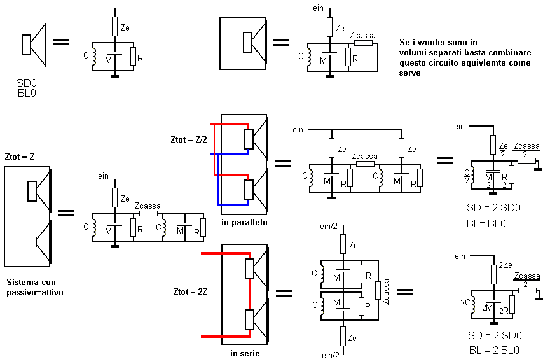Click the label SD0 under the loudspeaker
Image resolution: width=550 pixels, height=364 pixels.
pos(27,83)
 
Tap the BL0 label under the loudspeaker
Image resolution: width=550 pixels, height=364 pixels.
pos(27,93)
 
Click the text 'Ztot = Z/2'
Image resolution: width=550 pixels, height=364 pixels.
pos(189,139)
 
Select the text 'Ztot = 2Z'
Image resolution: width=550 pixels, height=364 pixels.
pos(190,291)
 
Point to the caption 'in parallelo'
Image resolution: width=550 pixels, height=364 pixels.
pos(244,222)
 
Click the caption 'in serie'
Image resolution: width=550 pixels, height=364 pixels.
pos(245,353)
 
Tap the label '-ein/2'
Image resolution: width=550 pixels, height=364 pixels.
pos(329,355)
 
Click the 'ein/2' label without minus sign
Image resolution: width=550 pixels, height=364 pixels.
pos(329,227)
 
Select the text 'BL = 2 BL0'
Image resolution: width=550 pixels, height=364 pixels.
pos(494,350)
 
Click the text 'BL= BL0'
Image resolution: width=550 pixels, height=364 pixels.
pos(486,223)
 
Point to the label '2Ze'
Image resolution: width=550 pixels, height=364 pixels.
pos(505,265)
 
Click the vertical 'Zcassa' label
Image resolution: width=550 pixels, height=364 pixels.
pos(386,291)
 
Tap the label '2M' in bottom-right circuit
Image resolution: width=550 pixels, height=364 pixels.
pos(487,308)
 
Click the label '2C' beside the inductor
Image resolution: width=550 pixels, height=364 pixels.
pos(465,302)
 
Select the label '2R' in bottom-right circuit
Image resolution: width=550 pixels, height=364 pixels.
pos(504,311)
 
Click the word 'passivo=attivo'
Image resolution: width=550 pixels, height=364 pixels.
pos(35,292)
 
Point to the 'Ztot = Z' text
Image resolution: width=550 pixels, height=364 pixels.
pos(20,157)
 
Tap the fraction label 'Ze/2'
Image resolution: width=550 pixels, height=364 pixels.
pos(504,150)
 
